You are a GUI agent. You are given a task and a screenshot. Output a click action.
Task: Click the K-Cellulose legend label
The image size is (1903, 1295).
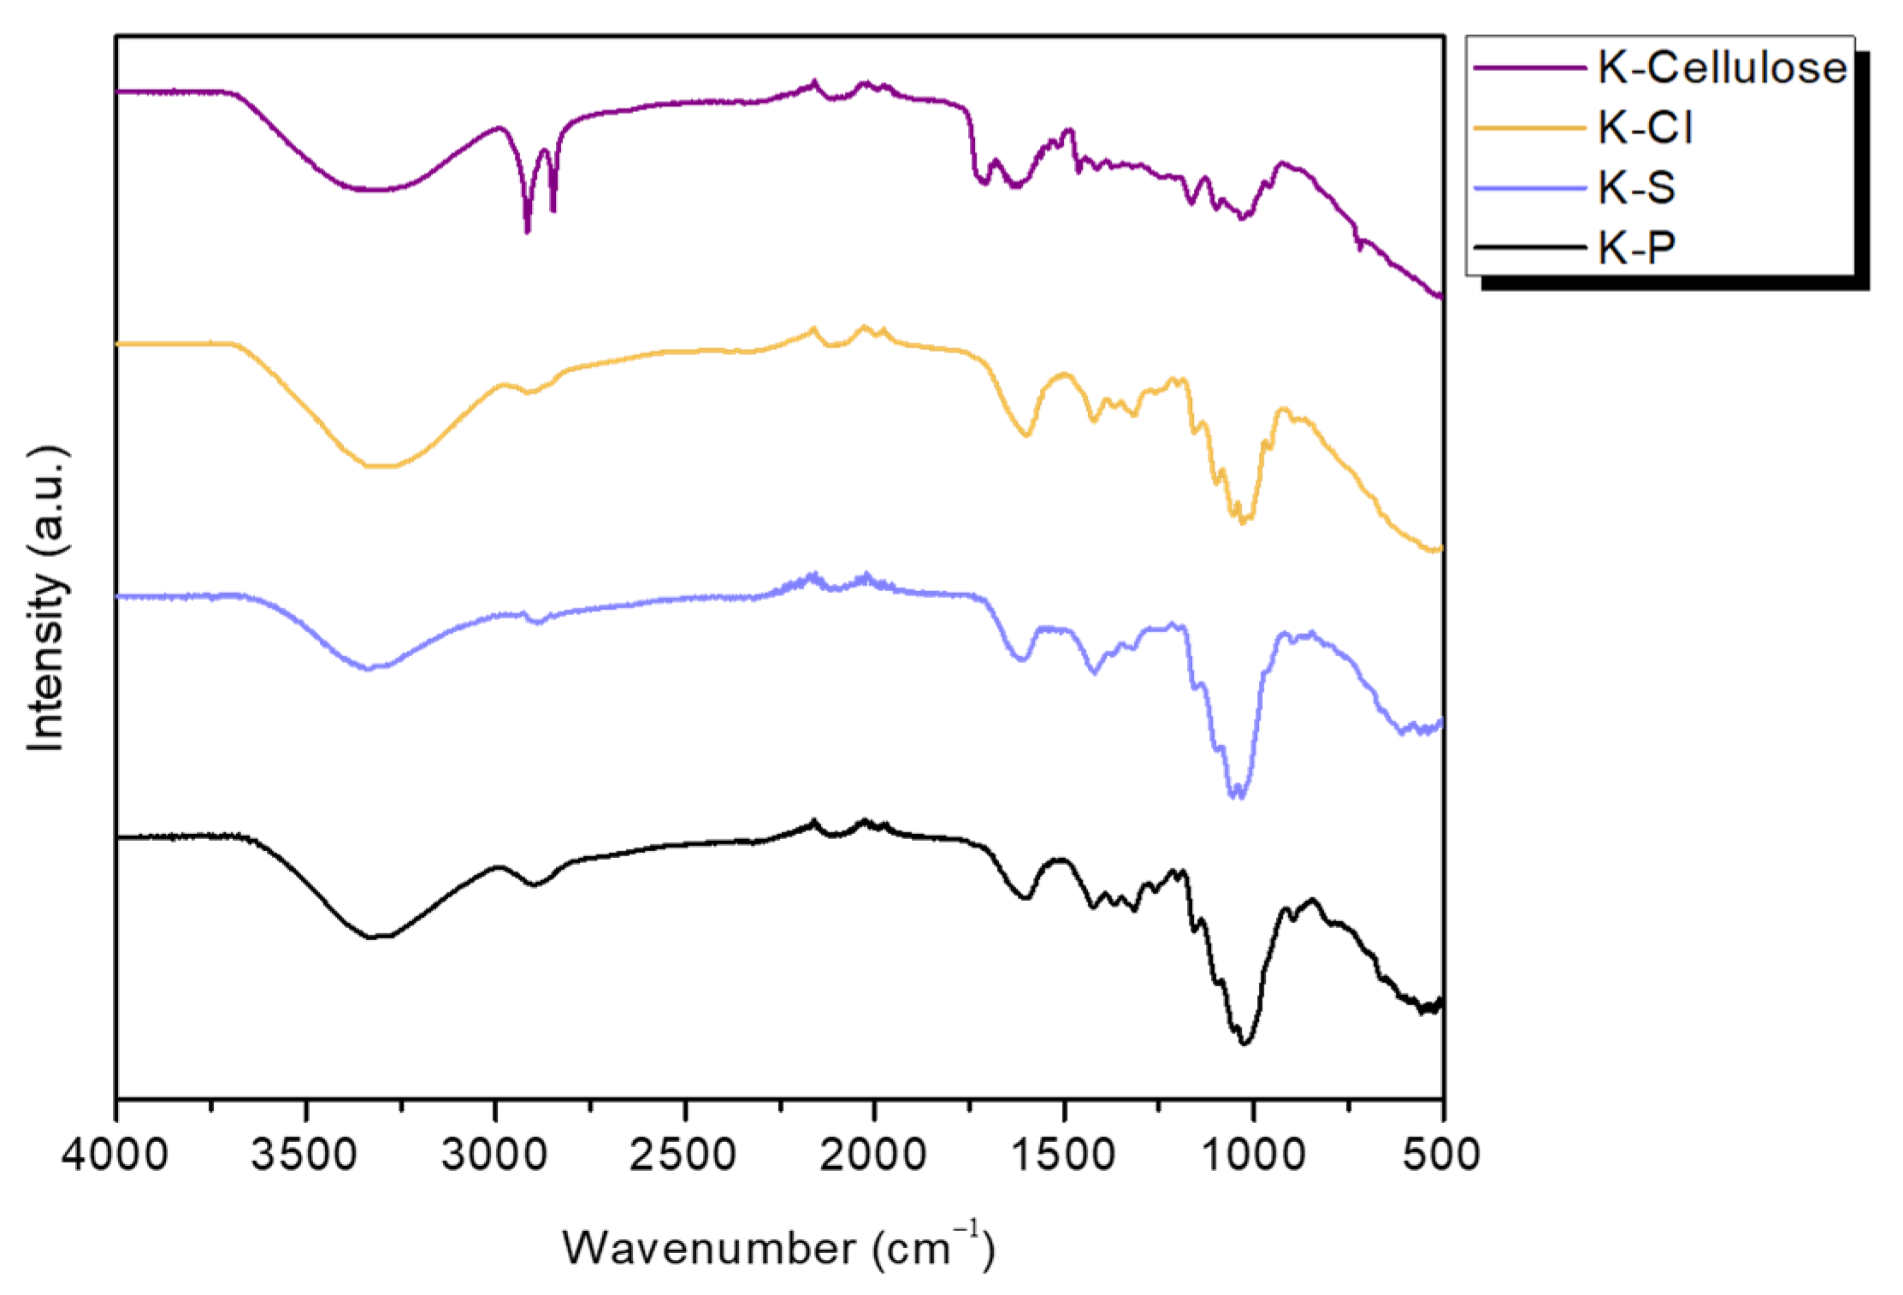point(1721,68)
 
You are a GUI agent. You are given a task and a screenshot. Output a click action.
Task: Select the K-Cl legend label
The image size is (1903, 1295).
point(1645,128)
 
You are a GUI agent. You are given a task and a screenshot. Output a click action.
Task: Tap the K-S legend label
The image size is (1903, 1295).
point(1636,188)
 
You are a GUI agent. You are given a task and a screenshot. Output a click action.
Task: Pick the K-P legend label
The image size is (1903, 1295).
point(1636,248)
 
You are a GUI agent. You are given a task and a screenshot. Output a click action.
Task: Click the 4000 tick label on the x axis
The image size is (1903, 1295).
point(115,1155)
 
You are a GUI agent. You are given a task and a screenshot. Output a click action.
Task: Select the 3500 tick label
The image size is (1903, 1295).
point(304,1155)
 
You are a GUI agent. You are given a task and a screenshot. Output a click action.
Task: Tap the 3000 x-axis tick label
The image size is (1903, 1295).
point(494,1155)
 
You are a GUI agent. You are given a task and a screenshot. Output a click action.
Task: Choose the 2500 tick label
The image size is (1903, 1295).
point(683,1155)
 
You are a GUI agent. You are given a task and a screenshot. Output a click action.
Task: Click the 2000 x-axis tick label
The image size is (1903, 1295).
point(873,1155)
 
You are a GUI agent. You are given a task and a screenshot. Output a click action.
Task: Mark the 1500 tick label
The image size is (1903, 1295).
point(1063,1155)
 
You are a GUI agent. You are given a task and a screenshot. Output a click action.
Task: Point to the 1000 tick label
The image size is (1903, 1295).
point(1253,1155)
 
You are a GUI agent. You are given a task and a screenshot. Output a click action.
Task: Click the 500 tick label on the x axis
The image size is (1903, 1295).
point(1442,1155)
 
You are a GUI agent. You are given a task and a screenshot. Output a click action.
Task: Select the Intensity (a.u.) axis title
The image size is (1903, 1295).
point(47,599)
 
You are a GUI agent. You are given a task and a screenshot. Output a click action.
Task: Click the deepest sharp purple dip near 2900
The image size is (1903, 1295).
point(527,231)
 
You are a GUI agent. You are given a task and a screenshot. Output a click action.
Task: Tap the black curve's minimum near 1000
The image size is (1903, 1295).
point(1244,1043)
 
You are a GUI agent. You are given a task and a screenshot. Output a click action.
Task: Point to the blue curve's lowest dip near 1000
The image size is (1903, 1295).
point(1237,796)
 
